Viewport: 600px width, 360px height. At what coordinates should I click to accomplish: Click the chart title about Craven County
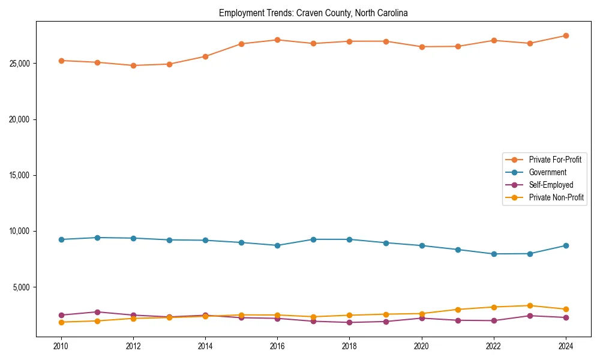point(313,13)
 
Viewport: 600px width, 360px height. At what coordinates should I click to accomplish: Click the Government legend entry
point(547,172)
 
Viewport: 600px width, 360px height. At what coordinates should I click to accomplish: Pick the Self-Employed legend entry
point(551,185)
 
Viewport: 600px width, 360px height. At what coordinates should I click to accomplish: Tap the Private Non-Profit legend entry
point(556,197)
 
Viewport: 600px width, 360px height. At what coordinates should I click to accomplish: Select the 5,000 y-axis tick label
point(23,287)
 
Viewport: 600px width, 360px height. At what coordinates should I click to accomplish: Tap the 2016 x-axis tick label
point(277,346)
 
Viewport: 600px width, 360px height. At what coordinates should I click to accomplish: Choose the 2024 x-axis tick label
point(566,346)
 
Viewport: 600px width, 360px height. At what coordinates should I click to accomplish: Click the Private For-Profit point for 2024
point(566,36)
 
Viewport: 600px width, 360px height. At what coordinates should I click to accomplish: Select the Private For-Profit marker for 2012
point(133,65)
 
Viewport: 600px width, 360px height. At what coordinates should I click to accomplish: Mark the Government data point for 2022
point(494,254)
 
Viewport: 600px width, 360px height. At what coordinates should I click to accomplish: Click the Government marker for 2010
point(61,239)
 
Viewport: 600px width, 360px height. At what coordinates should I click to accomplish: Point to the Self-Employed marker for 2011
point(97,312)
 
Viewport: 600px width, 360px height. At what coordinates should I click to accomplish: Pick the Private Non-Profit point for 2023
point(530,305)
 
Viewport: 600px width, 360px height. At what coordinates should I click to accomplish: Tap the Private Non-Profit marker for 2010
point(61,322)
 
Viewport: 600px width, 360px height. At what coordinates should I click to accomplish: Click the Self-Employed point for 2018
point(349,322)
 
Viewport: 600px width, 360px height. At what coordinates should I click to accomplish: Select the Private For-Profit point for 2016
point(277,40)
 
